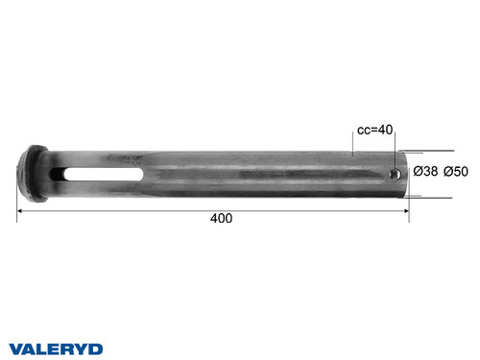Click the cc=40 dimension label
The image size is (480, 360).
point(375,130)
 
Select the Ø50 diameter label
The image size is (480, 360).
point(454,172)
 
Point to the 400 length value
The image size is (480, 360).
point(221,219)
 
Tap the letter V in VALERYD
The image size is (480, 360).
point(16,348)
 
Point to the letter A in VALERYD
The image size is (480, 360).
point(30,348)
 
